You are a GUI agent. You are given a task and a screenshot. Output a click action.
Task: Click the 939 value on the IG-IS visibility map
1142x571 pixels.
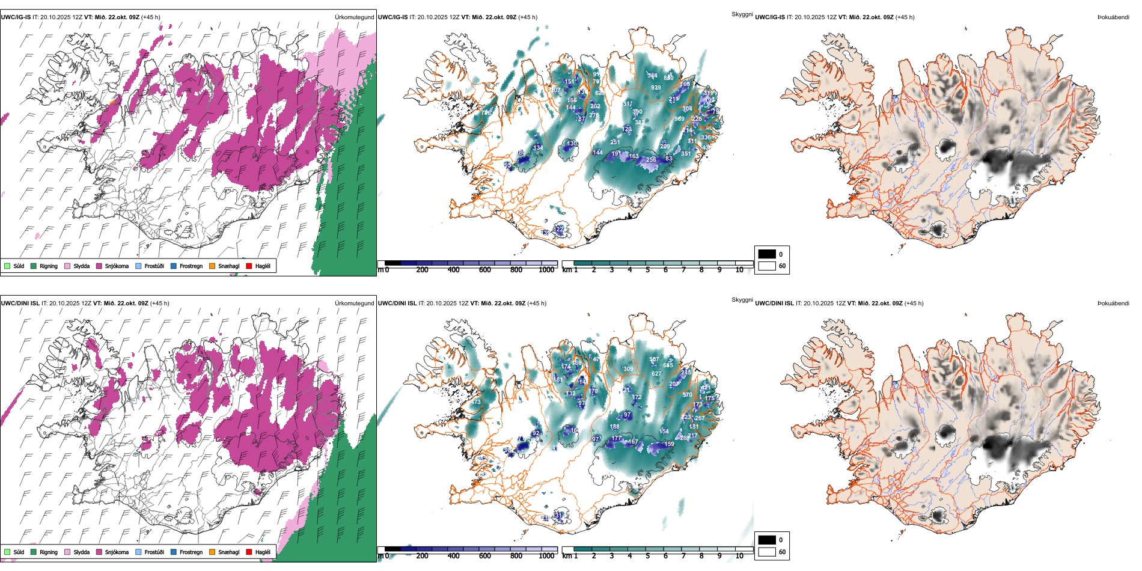(656, 88)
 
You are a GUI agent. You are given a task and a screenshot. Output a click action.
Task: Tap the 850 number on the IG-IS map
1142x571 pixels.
(668, 78)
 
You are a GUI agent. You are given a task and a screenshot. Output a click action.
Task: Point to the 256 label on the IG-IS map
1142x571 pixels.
(651, 160)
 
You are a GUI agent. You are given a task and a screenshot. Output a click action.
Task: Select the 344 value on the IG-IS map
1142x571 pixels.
(652, 76)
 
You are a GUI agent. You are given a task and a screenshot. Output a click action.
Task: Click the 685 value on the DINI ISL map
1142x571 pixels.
(668, 365)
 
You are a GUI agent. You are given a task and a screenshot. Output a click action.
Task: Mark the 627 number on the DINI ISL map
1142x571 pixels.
(656, 374)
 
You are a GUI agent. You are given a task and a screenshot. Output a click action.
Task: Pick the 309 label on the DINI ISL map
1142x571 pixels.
(628, 369)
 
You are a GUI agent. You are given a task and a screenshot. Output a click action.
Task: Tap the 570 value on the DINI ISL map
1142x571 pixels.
(688, 395)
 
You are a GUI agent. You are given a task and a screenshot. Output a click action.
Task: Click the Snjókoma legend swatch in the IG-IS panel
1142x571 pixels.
(99, 266)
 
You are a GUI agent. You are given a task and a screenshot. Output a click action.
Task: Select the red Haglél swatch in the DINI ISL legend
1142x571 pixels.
(249, 552)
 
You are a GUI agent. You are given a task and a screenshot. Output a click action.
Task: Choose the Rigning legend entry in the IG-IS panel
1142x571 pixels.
(34, 266)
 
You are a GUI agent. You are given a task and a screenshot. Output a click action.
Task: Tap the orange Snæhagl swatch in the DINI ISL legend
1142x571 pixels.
(212, 552)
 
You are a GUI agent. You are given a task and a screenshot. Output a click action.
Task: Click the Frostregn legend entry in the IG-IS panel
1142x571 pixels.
(174, 266)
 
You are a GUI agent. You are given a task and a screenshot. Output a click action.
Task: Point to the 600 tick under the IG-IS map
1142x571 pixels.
(485, 270)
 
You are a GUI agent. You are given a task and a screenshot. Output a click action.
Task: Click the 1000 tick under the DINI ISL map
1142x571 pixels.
(546, 556)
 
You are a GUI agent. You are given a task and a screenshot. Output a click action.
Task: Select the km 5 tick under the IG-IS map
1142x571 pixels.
(648, 270)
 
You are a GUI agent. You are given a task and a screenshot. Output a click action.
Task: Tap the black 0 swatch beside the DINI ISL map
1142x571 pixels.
(767, 540)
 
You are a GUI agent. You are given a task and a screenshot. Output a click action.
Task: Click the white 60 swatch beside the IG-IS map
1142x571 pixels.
(767, 266)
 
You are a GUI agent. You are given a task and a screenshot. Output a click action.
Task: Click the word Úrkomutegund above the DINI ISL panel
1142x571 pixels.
(354, 304)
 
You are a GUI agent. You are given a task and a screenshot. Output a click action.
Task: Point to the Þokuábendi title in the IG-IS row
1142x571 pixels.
(1113, 17)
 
